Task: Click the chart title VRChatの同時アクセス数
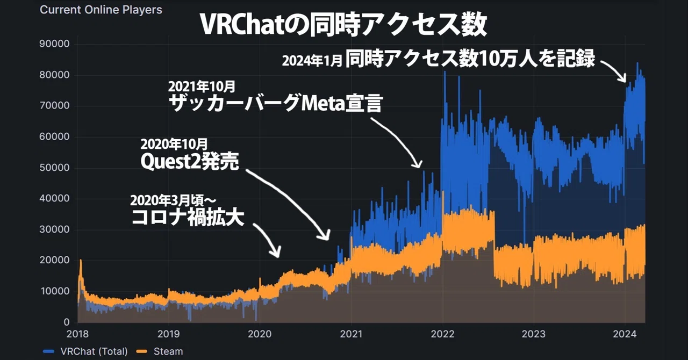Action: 343,25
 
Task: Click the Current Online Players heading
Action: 101,10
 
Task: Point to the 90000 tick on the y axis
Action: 54,44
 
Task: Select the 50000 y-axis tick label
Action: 54,168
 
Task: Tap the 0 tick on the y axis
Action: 67,322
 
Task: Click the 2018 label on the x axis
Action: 77,334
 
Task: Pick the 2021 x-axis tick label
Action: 351,334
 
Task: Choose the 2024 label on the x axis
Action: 625,334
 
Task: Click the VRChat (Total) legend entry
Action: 85,351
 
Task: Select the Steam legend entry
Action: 160,351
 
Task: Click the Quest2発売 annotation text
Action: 190,161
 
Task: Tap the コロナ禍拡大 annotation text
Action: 188,218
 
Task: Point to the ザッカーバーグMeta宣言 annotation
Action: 276,103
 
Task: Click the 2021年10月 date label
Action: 202,87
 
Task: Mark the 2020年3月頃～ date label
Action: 173,200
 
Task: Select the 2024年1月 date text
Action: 312,61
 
